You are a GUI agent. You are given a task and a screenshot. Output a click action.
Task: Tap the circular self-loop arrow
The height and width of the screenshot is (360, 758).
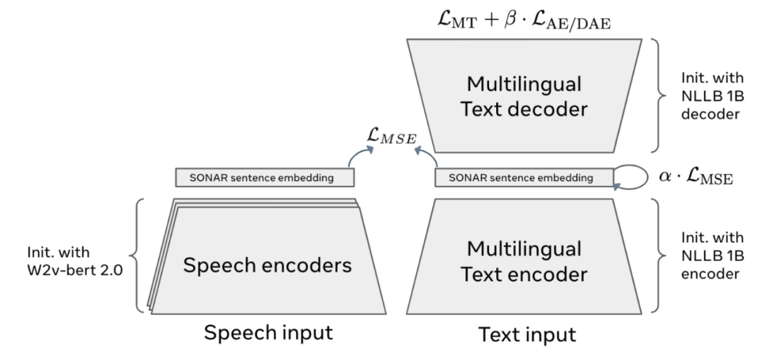coord(632,176)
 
